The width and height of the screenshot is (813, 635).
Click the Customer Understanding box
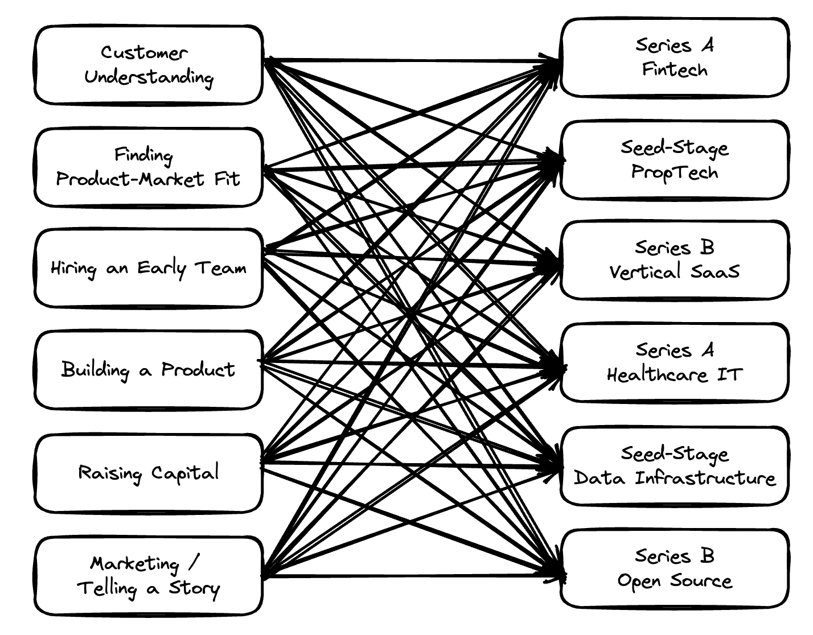pyautogui.click(x=149, y=65)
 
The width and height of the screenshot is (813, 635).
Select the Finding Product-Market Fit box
pyautogui.click(x=149, y=167)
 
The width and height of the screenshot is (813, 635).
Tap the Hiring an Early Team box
pyautogui.click(x=149, y=268)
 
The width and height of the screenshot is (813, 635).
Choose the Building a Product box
pyautogui.click(x=149, y=370)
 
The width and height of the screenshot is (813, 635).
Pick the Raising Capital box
pyautogui.click(x=149, y=472)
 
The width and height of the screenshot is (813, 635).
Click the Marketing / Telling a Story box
pyautogui.click(x=149, y=575)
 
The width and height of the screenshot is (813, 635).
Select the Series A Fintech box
pyautogui.click(x=675, y=57)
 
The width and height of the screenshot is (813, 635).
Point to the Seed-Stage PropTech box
pyautogui.click(x=675, y=159)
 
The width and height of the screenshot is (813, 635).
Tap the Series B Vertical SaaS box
pyautogui.click(x=675, y=259)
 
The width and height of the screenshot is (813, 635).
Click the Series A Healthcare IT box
pyautogui.click(x=675, y=362)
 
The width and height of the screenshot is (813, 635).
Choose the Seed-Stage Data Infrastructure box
pyautogui.click(x=675, y=465)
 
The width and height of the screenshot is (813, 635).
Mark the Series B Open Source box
pyautogui.click(x=675, y=568)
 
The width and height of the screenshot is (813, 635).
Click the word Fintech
pyautogui.click(x=675, y=70)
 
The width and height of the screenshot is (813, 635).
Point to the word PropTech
pyautogui.click(x=675, y=172)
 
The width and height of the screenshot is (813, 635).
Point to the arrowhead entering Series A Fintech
pyautogui.click(x=555, y=61)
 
